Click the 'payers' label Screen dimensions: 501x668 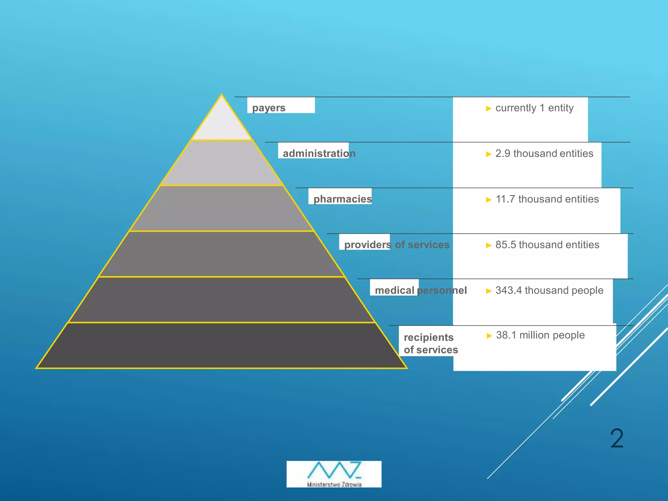[x=268, y=108]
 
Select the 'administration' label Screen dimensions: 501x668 [x=319, y=153]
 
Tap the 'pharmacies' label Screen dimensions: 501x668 [x=342, y=199]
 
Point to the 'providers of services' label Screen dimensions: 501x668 [x=397, y=245]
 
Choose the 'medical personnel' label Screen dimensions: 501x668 [x=420, y=290]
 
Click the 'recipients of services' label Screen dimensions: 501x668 [x=431, y=343]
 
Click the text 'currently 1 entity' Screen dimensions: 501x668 [x=534, y=108]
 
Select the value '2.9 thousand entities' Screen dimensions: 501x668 [x=544, y=153]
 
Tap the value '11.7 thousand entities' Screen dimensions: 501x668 [x=547, y=199]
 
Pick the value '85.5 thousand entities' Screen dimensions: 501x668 [x=547, y=245]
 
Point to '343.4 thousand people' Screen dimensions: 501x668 [x=549, y=290]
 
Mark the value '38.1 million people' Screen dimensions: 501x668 [x=540, y=335]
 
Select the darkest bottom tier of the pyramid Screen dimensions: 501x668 [x=221, y=346]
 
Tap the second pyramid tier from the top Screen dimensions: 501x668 [x=221, y=163]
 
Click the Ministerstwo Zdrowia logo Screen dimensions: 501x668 [x=334, y=474]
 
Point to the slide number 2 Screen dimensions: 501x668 [x=616, y=439]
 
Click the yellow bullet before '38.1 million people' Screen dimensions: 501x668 [x=489, y=336]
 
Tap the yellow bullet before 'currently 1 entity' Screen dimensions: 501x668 [x=488, y=108]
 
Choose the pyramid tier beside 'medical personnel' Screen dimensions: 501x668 [x=221, y=300]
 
